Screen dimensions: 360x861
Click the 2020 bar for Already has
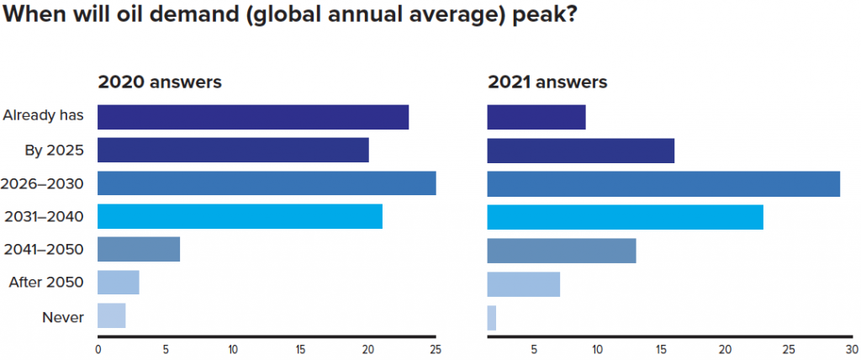(x=253, y=117)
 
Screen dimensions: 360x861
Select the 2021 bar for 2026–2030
(x=663, y=183)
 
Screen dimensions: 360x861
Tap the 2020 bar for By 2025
(x=233, y=150)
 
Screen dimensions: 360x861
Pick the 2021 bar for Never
(x=492, y=318)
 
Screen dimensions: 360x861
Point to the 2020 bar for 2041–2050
(x=139, y=250)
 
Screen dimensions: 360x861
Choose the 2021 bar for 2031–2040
(x=626, y=216)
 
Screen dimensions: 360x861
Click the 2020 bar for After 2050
(x=119, y=283)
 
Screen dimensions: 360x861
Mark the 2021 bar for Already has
(x=536, y=117)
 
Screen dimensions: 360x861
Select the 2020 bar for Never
(x=112, y=315)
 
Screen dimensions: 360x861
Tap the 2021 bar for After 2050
(x=524, y=284)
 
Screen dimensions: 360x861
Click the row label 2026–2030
(x=44, y=183)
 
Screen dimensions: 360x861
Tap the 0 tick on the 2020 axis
(x=98, y=348)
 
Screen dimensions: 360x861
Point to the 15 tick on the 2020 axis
(x=300, y=348)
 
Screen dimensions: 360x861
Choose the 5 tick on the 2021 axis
(x=533, y=348)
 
